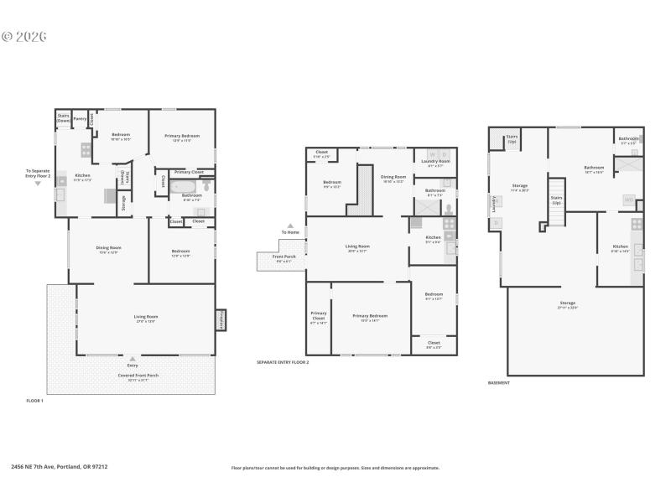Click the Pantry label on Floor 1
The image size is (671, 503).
(x=81, y=119)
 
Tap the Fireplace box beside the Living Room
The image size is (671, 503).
(x=221, y=319)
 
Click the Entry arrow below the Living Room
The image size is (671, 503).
(x=132, y=359)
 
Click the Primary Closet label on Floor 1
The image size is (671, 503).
(x=188, y=172)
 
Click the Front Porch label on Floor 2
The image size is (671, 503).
(x=283, y=259)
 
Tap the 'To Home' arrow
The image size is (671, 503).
(x=290, y=226)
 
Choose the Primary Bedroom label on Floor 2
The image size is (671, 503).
(x=370, y=317)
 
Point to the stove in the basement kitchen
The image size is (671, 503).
(x=637, y=224)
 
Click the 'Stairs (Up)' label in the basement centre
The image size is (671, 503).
(x=555, y=201)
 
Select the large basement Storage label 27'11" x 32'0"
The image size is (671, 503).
(x=568, y=304)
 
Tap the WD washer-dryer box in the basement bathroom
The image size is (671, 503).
(x=628, y=200)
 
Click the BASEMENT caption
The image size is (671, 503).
(x=498, y=382)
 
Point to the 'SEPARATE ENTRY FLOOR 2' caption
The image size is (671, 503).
(x=283, y=362)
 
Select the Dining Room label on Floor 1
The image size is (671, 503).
(x=109, y=249)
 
